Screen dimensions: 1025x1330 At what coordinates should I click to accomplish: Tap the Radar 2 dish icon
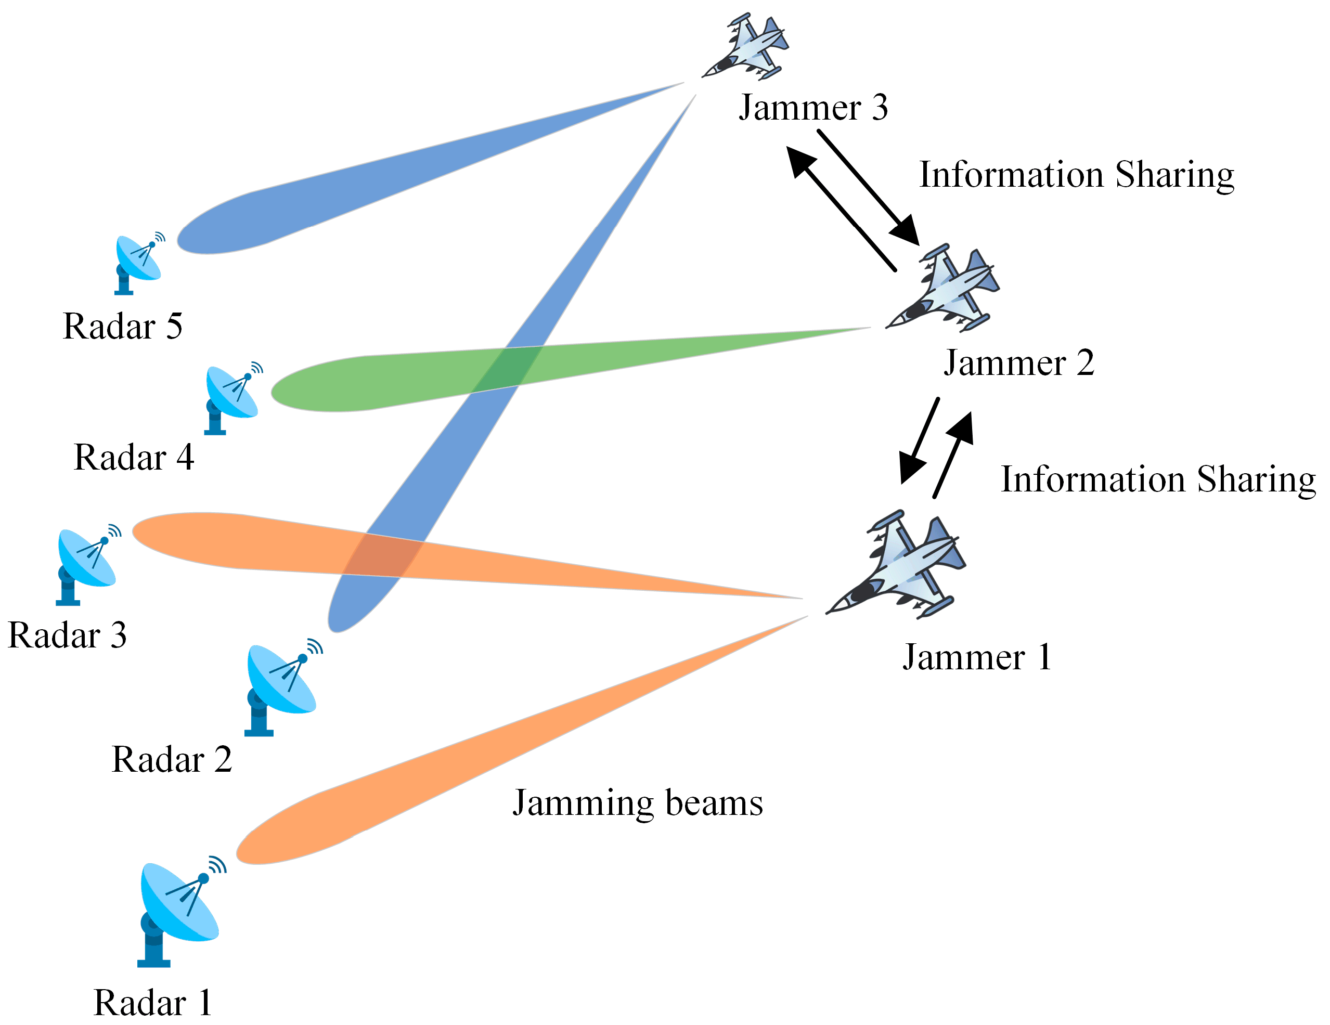coord(280,685)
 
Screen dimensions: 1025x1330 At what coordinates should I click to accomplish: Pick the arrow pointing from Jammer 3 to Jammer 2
coord(871,189)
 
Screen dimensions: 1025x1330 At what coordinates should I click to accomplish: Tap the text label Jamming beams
coord(637,803)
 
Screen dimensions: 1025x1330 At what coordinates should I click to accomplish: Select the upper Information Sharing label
coord(1076,175)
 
